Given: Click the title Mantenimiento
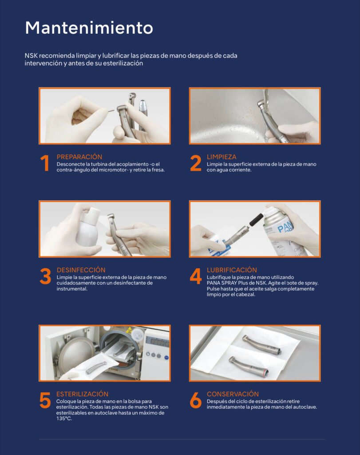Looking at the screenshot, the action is click(89, 28).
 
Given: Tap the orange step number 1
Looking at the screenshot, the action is click(45, 163).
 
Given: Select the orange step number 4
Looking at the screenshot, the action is click(196, 276).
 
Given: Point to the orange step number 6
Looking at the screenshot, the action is click(196, 400).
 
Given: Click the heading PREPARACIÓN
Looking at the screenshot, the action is click(79, 157).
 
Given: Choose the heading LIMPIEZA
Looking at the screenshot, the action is click(222, 157).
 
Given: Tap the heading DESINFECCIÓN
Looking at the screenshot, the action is click(81, 270).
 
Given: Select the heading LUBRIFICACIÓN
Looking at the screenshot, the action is click(232, 270).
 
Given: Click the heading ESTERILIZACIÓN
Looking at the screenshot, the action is click(82, 394).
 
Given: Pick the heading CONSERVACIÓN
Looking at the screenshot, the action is click(233, 394).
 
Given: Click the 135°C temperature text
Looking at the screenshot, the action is click(64, 419).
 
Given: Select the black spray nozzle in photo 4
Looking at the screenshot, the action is click(256, 220).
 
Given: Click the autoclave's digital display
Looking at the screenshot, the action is click(158, 343).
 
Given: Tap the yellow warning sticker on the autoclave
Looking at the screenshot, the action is click(128, 330).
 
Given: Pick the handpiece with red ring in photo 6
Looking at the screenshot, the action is click(248, 365).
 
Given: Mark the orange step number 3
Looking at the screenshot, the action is click(45, 276).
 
